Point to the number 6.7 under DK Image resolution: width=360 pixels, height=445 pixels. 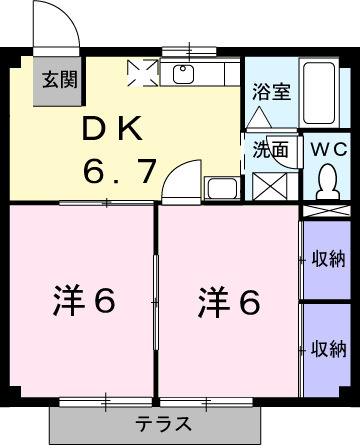pyautogui.click(x=119, y=171)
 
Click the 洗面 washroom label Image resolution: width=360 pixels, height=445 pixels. pyautogui.click(x=270, y=150)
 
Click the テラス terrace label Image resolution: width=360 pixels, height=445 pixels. pyautogui.click(x=156, y=422)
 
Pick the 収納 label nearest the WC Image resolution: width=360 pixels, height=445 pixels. pyautogui.click(x=327, y=260)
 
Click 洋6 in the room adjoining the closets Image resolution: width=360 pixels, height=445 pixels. pyautogui.click(x=227, y=300)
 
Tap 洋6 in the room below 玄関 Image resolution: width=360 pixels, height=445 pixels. pyautogui.click(x=83, y=300)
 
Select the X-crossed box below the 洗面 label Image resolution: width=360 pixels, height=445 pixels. pyautogui.click(x=267, y=188)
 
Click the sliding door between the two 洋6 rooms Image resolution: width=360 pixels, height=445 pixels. pyautogui.click(x=155, y=300)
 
